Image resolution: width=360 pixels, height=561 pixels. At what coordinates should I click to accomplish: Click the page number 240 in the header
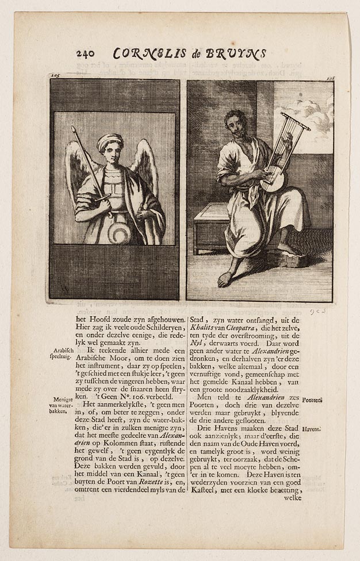pyautogui.click(x=86, y=54)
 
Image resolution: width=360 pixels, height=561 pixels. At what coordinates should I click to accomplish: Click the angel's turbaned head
pyautogui.click(x=110, y=143)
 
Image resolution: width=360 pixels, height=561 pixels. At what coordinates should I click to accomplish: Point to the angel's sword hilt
pyautogui.click(x=102, y=198)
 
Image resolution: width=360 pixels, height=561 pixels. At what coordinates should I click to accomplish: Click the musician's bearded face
pyautogui.click(x=237, y=125)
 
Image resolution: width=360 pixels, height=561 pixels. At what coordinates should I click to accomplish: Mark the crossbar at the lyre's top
pyautogui.click(x=296, y=122)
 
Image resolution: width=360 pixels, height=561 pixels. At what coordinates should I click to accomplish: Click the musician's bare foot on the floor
pyautogui.click(x=225, y=279)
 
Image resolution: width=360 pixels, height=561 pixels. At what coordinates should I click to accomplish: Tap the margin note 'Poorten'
pyautogui.click(x=328, y=400)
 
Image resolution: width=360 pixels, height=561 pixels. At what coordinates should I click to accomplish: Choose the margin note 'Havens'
pyautogui.click(x=327, y=429)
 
